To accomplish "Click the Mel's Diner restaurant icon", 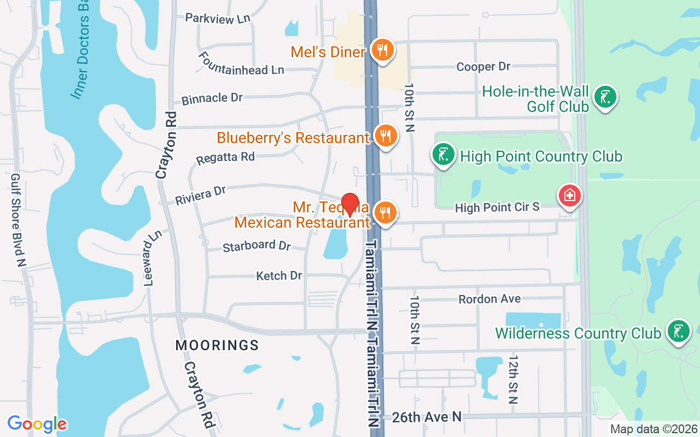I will tap(383, 50).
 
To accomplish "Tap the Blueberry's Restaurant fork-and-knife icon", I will tap(386, 135).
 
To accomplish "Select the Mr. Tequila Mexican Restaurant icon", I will tap(386, 212).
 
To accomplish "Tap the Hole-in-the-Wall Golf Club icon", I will tap(604, 97).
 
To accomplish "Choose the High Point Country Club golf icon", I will tap(444, 154).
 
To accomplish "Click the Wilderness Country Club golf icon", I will tap(678, 331).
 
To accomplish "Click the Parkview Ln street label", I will tap(218, 18).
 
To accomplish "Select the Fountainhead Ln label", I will tap(241, 64).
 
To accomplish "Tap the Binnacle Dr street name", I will tap(212, 98).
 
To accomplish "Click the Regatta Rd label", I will tap(225, 157).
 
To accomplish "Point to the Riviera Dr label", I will tap(200, 195).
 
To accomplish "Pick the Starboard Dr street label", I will tap(256, 246).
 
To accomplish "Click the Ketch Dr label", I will tap(279, 276).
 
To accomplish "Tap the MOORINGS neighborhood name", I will tap(217, 345).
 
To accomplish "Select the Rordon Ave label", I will tap(489, 299).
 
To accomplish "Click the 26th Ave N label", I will tap(427, 417).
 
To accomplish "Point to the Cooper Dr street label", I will tap(483, 67).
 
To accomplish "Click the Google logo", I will tap(37, 424).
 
